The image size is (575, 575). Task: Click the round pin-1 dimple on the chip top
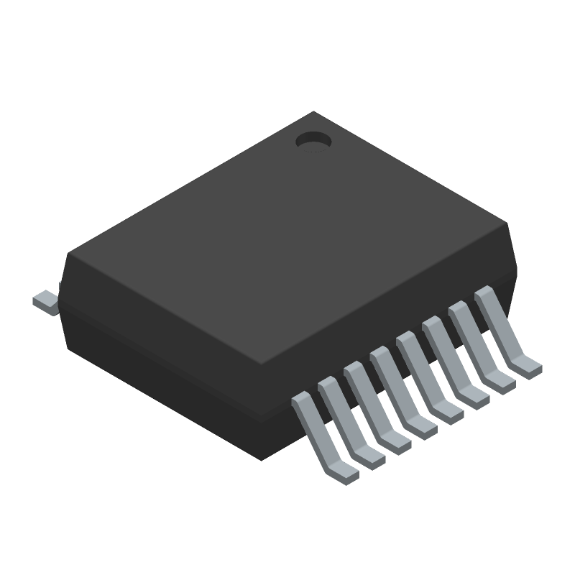[313, 140]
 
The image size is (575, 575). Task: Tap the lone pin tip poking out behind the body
[45, 301]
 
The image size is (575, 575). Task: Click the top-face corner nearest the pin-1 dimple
[313, 112]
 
